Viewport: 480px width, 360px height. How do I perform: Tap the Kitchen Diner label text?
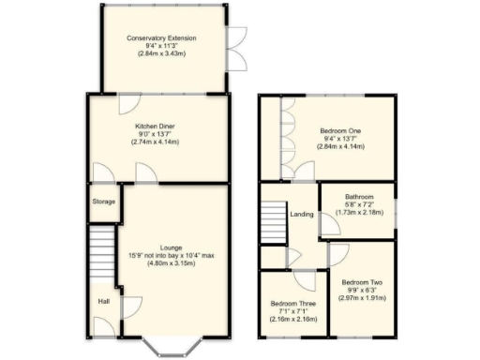[x=157, y=125]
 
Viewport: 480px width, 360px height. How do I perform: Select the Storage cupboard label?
[x=103, y=202]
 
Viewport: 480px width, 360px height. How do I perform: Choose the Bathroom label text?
[x=358, y=197]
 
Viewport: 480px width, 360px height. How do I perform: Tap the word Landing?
[x=302, y=215]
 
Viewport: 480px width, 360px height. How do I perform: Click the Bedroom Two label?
[x=361, y=282]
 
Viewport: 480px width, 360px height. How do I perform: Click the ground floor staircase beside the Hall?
[x=101, y=253]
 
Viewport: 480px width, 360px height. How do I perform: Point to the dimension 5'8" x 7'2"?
[x=358, y=204]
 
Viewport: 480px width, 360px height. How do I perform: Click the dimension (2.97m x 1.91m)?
[x=361, y=299]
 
